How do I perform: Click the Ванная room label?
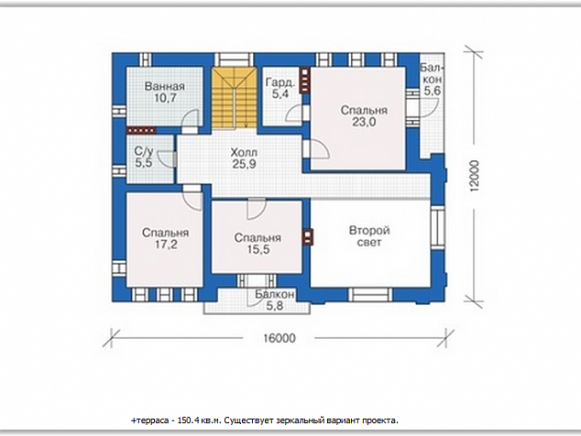[165, 87]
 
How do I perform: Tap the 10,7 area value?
[165, 99]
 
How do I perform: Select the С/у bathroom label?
[143, 151]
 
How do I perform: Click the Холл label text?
[244, 152]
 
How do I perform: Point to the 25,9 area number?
[244, 164]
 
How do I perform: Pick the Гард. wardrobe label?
[280, 82]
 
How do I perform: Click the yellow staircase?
[235, 98]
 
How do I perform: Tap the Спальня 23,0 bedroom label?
[364, 116]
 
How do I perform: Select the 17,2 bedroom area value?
[166, 245]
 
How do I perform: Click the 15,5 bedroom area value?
[258, 249]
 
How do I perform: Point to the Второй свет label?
[369, 236]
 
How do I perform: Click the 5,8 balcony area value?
[275, 306]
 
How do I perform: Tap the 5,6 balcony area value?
[432, 91]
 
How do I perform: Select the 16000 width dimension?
[280, 338]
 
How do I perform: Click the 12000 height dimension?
[474, 176]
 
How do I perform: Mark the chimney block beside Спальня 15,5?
[308, 237]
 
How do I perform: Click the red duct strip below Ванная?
[141, 130]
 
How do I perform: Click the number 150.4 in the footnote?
[188, 420]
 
